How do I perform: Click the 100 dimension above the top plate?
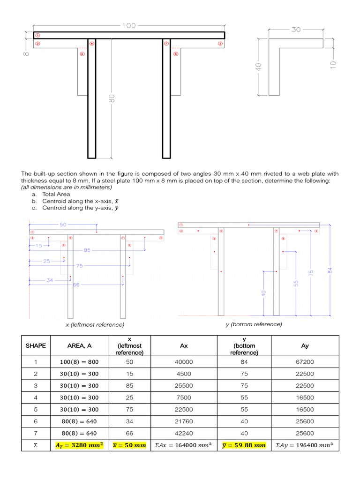pos(129,26)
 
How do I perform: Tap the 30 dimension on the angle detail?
pos(296,30)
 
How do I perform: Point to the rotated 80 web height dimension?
pos(112,99)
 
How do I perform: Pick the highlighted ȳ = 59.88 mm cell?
pos(244,445)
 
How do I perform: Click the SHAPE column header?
pos(36,346)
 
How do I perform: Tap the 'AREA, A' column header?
pos(79,346)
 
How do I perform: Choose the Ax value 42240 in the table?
pos(183,433)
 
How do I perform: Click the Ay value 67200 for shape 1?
pos(305,361)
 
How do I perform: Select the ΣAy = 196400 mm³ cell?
pos(305,445)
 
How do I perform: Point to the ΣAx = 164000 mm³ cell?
pos(183,445)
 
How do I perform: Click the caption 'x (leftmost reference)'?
pos(95,324)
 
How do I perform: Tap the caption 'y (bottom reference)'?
pos(254,324)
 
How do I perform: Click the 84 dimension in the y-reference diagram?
pos(330,270)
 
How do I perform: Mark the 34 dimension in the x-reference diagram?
pos(50,280)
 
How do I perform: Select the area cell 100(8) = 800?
pos(79,361)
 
